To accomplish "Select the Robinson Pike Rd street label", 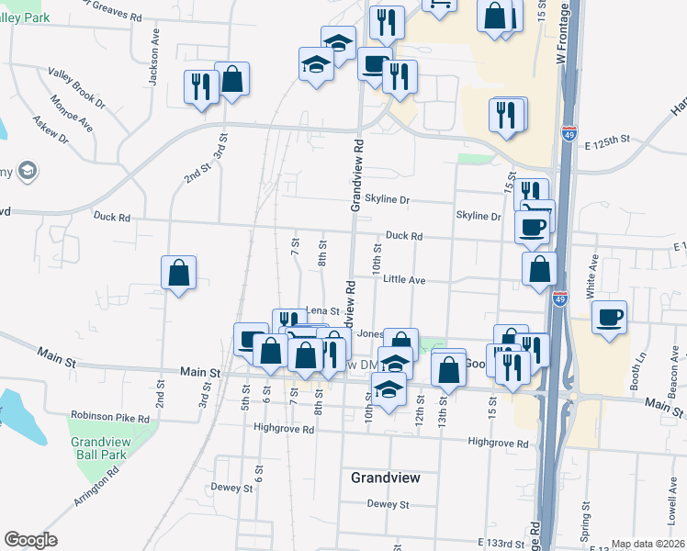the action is coord(109,415).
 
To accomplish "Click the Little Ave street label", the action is coord(404,279).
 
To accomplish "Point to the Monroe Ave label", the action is coord(72,113).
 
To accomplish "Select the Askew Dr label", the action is coord(51,130).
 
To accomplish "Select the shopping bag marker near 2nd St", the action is coord(178,273).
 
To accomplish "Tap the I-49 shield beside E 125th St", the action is coord(569,135).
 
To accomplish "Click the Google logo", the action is coord(30,540).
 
